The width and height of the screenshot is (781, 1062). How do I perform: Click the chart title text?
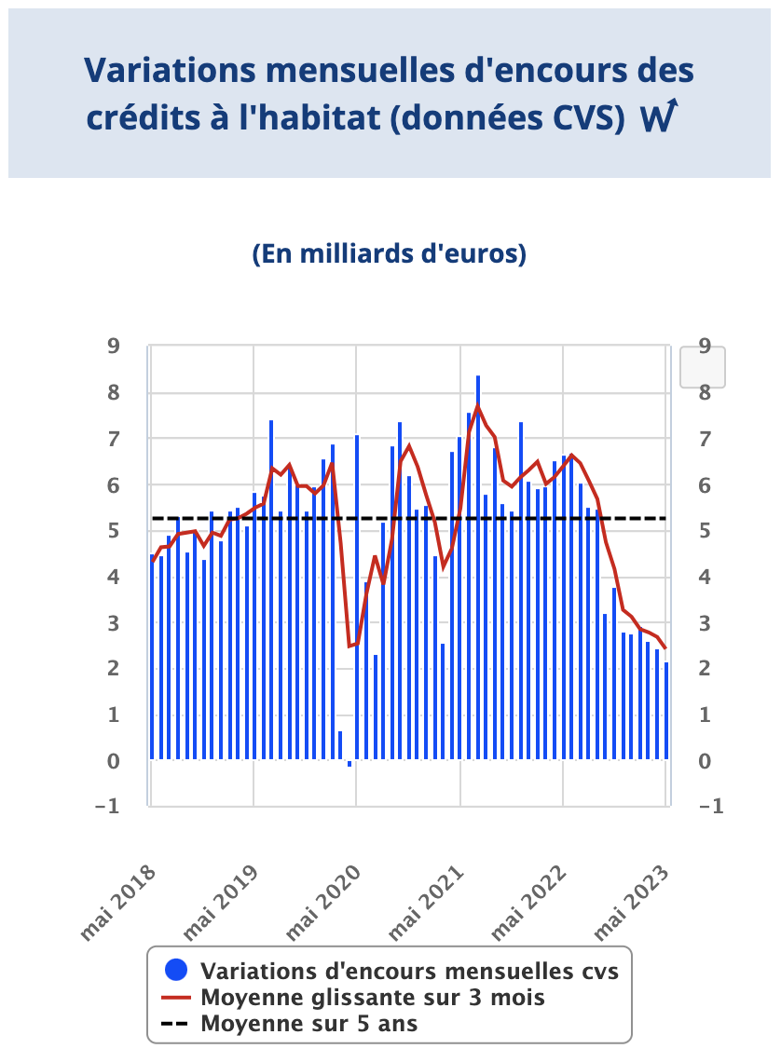[389, 93]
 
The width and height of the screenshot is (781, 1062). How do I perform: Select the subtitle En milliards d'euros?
[389, 254]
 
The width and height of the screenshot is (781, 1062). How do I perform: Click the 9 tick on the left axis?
[114, 347]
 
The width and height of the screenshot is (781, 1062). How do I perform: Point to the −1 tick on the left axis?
[108, 807]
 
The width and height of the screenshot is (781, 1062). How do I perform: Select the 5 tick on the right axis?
[705, 531]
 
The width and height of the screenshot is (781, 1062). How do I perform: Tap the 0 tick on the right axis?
[705, 761]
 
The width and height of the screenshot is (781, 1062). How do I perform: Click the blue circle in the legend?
[174, 970]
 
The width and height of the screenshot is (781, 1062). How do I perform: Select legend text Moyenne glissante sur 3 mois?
[373, 997]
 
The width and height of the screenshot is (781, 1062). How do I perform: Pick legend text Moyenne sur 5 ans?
[308, 1024]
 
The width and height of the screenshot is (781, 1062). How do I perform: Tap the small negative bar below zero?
[349, 764]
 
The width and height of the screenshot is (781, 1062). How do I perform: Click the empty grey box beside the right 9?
[703, 367]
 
